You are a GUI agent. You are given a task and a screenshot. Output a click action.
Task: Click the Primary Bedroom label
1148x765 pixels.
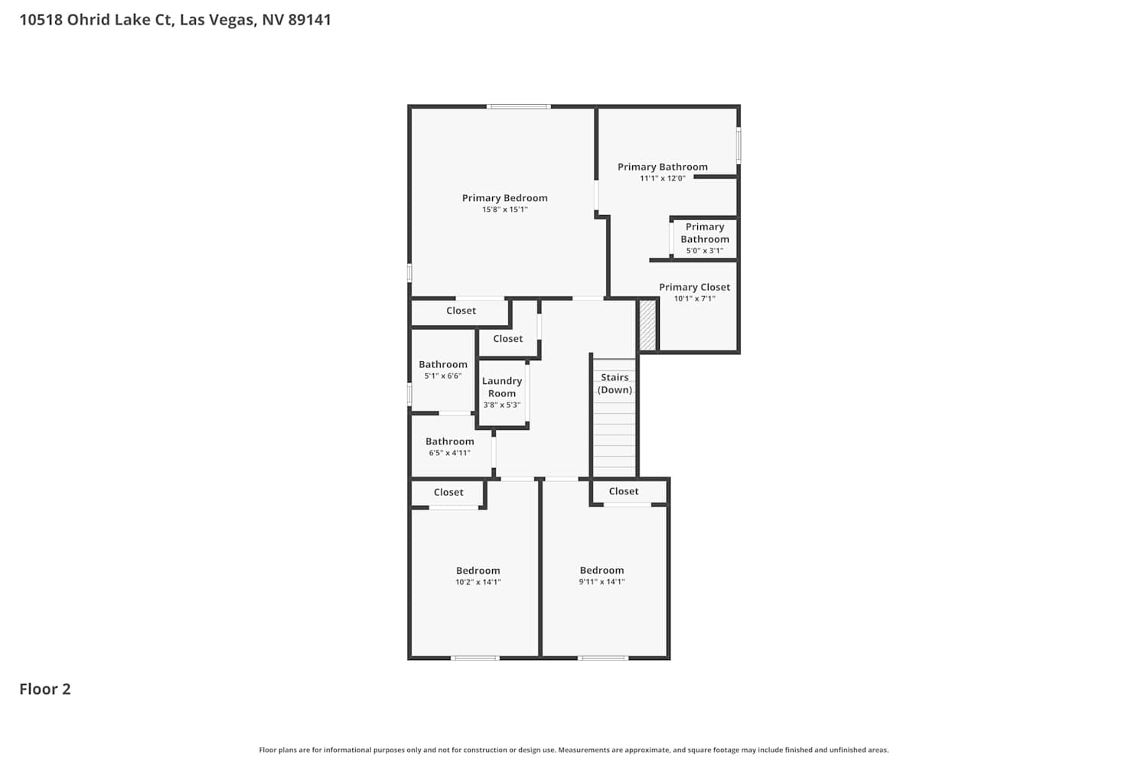click(x=505, y=198)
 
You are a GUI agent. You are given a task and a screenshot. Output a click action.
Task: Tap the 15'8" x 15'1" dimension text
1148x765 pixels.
click(x=505, y=209)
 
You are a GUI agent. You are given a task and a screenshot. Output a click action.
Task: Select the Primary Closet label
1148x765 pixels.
click(x=694, y=288)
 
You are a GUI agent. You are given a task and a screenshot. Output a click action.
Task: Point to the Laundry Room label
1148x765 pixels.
click(x=502, y=387)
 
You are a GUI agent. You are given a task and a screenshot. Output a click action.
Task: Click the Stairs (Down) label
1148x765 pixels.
click(x=615, y=383)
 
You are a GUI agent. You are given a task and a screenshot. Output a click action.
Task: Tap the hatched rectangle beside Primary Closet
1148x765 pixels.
click(x=647, y=325)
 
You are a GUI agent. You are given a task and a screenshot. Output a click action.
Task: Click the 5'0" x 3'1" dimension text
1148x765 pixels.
click(x=705, y=251)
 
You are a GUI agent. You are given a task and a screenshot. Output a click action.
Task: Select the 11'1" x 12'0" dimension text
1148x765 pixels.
click(x=662, y=178)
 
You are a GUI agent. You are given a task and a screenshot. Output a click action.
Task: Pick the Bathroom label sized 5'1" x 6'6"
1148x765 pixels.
click(x=443, y=364)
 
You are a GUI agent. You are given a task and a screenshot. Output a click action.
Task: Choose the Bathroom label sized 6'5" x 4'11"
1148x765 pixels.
click(x=449, y=441)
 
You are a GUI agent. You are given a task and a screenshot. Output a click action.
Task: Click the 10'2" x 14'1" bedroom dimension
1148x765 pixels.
click(x=478, y=581)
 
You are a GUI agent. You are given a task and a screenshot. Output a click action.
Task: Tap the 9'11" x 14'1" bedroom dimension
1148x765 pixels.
click(x=602, y=581)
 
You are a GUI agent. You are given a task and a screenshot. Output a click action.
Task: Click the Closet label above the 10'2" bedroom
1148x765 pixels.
click(x=448, y=492)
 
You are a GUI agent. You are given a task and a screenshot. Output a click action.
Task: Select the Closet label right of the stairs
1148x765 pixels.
click(x=624, y=491)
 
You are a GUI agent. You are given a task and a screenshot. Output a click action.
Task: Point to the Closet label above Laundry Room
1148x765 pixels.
click(x=508, y=338)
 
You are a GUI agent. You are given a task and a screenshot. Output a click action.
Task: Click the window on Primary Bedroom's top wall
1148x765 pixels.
click(x=519, y=106)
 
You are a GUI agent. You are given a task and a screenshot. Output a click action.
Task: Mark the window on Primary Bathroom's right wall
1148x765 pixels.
click(x=739, y=145)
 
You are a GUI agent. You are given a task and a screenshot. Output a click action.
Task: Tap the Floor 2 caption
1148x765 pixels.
click(x=45, y=688)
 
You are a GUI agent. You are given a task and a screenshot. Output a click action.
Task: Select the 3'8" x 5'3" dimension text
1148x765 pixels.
click(x=502, y=405)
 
